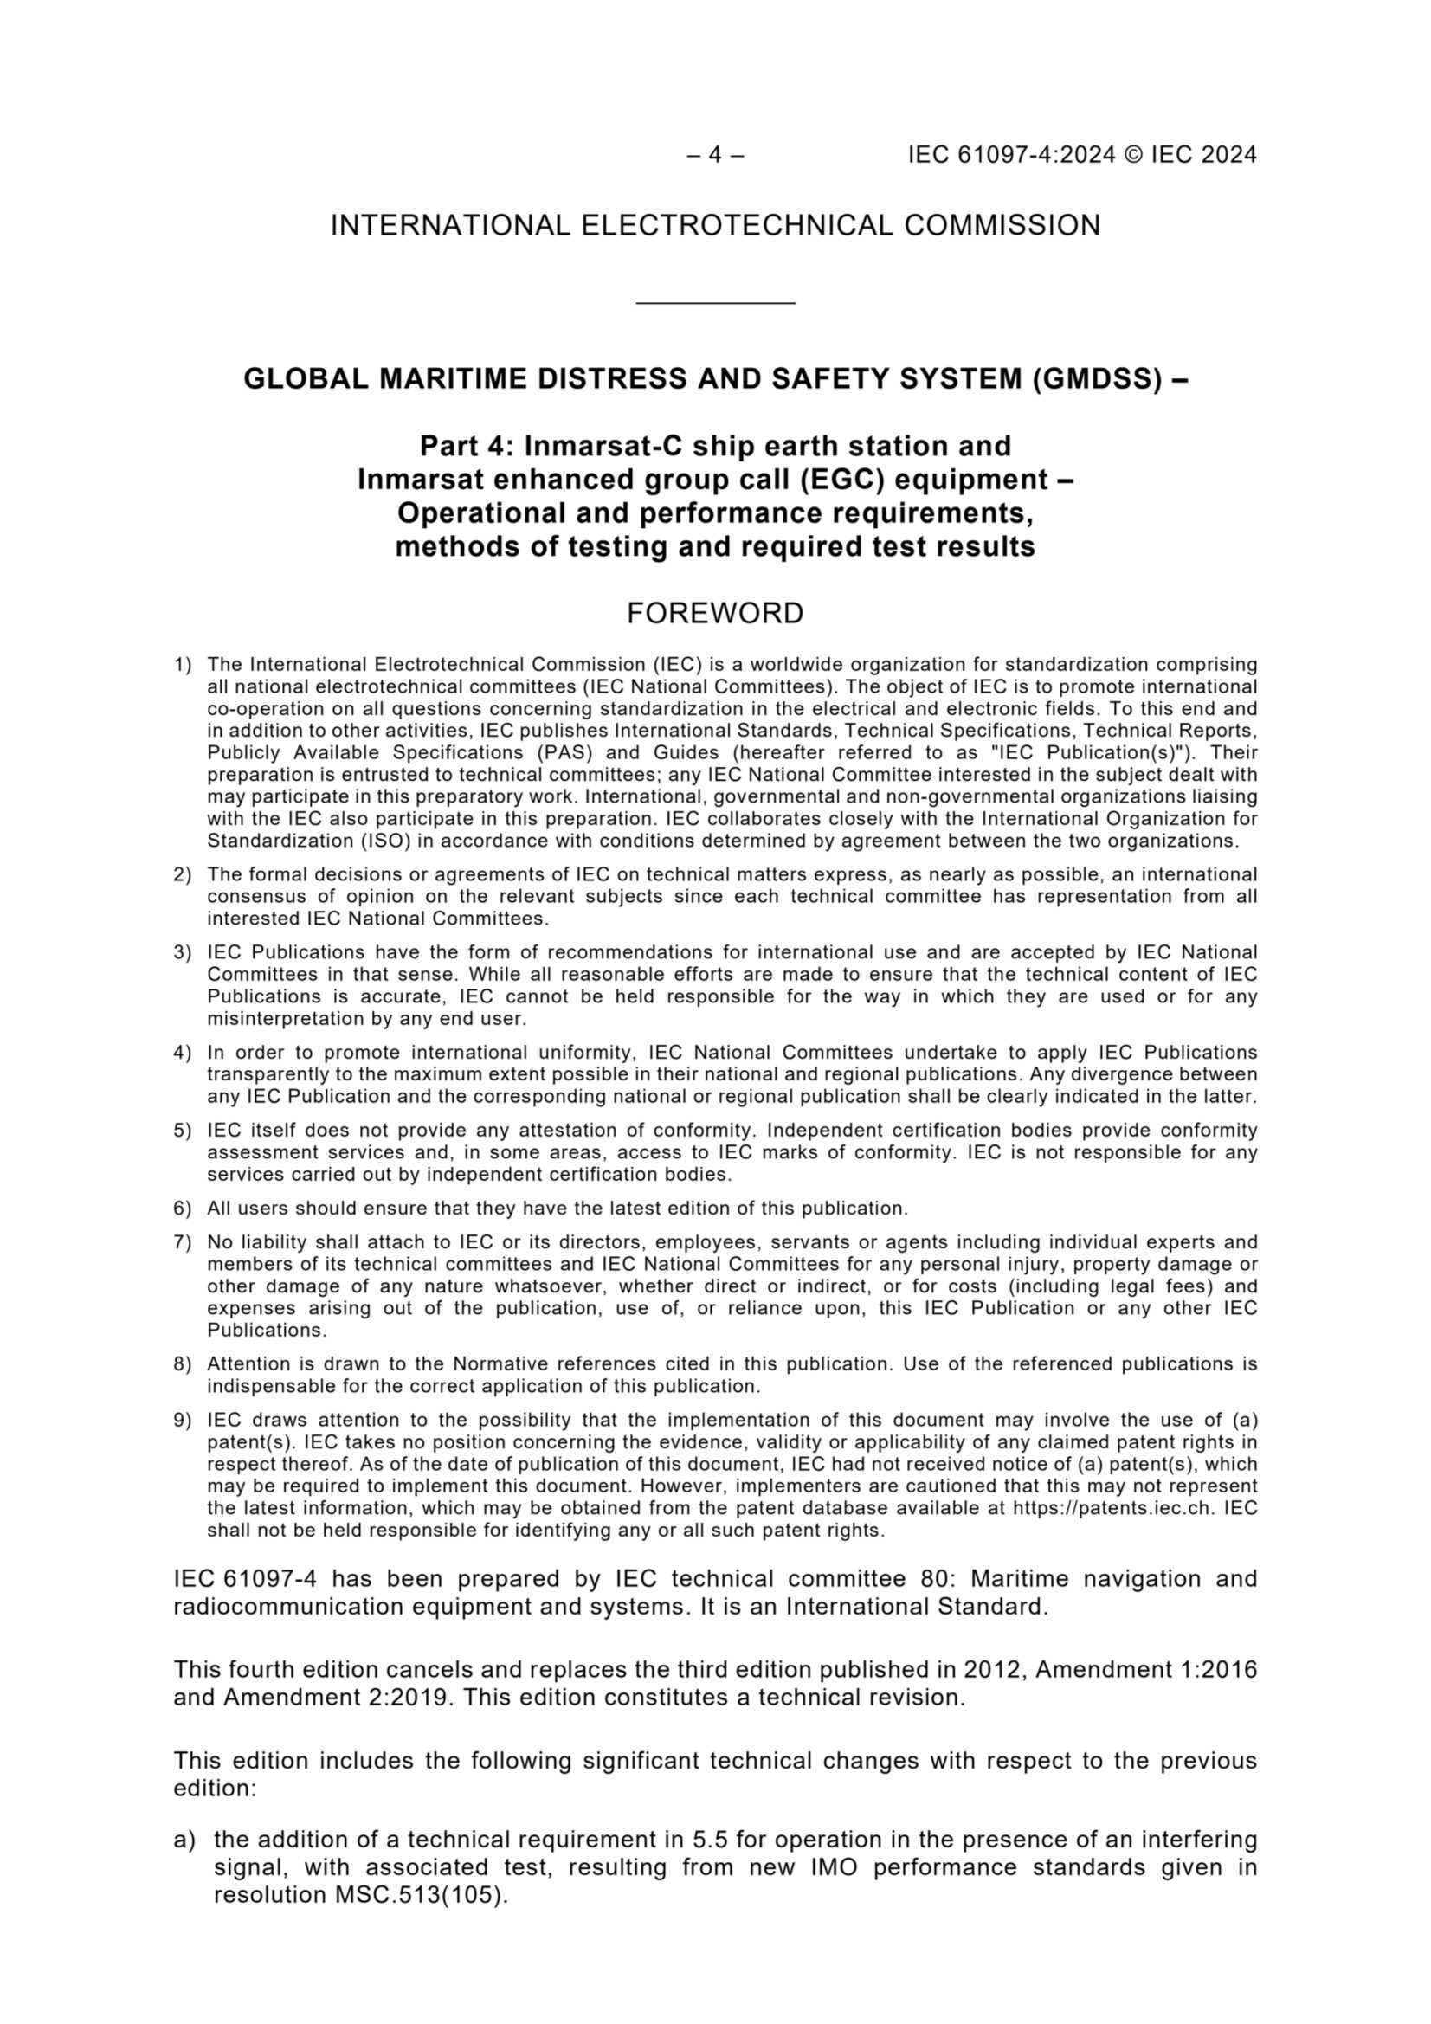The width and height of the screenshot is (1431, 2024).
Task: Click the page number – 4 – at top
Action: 715,155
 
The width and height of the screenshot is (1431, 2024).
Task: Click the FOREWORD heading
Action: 715,614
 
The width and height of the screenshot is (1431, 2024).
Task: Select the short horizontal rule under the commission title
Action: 715,303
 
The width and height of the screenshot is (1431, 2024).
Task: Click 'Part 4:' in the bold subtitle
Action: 467,446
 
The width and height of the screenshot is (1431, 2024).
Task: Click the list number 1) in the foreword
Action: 183,665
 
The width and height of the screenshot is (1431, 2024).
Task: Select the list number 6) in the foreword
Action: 183,1208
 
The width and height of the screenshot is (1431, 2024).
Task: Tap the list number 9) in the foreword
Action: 183,1419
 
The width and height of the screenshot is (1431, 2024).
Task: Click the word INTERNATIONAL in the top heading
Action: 449,227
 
